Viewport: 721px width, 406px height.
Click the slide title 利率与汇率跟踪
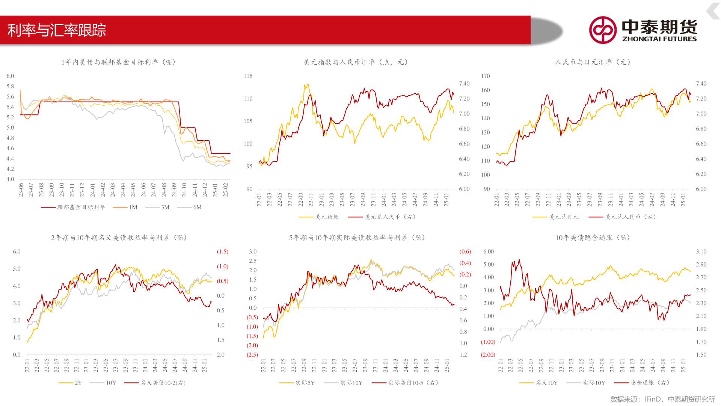pyautogui.click(x=57, y=30)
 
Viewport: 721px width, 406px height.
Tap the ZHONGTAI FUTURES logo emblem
pyautogui.click(x=603, y=30)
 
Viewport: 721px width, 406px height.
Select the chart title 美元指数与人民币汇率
pyautogui.click(x=356, y=62)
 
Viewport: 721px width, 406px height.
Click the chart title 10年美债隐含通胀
pyautogui.click(x=593, y=238)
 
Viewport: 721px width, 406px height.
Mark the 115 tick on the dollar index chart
pyautogui.click(x=248, y=76)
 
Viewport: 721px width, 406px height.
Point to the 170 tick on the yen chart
pyautogui.click(x=485, y=76)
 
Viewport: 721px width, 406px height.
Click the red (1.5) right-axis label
pyautogui.click(x=222, y=251)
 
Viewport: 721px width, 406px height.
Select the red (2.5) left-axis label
pyautogui.click(x=252, y=354)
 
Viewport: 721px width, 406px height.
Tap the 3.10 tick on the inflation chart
pyautogui.click(x=701, y=251)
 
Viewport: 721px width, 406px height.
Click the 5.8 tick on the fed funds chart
pyautogui.click(x=10, y=86)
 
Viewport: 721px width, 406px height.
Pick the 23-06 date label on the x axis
pyautogui.click(x=21, y=190)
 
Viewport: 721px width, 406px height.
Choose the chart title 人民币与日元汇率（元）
pyautogui.click(x=593, y=62)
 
